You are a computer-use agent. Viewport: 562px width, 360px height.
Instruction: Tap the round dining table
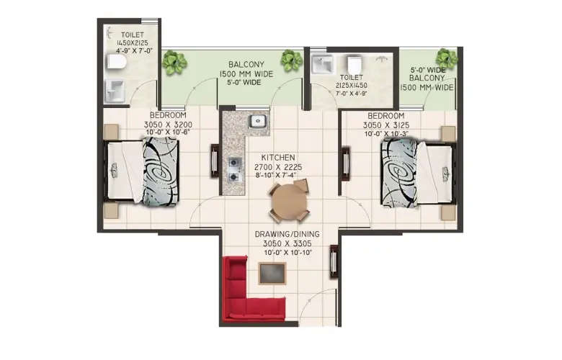pos(288,202)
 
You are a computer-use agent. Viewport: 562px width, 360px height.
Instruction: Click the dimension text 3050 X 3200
pos(169,124)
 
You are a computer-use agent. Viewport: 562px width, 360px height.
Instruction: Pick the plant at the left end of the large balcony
pos(174,63)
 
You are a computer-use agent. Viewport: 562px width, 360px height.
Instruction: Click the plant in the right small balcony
pos(446,58)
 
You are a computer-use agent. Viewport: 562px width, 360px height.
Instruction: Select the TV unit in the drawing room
pos(334,261)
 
